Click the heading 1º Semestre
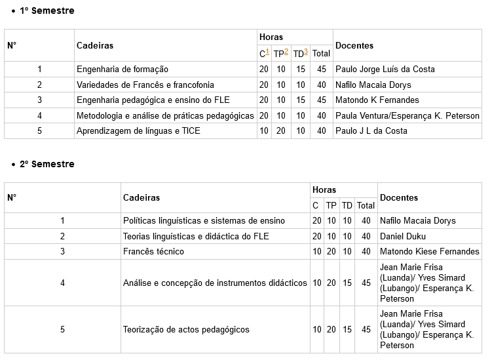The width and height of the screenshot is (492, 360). (47, 11)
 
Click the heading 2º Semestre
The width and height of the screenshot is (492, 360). (47, 164)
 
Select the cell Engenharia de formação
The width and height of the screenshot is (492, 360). (123, 70)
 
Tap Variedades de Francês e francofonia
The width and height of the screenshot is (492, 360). (145, 85)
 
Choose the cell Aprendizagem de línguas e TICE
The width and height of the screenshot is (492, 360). (138, 130)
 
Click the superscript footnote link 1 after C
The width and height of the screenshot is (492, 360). (267, 52)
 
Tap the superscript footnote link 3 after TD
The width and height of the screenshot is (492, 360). (306, 52)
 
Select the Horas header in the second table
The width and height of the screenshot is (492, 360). (324, 190)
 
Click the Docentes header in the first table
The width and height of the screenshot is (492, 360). (354, 46)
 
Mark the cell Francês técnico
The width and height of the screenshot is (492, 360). (153, 251)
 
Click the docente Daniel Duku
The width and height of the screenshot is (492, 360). (403, 236)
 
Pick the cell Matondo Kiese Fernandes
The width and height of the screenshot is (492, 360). (429, 251)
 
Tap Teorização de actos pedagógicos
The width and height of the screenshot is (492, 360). (186, 329)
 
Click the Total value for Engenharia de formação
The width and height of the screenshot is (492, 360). (321, 70)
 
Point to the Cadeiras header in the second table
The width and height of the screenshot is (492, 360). (142, 198)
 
